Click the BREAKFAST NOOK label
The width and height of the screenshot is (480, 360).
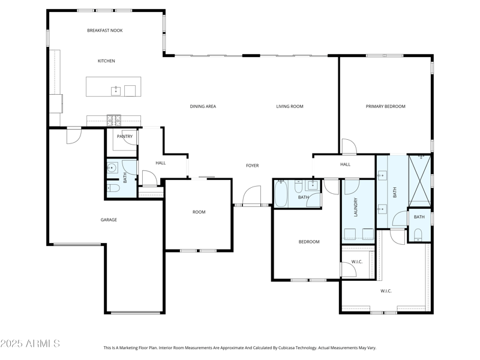click(x=105, y=31)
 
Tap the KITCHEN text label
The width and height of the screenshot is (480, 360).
click(x=106, y=61)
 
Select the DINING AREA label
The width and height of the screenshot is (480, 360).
click(x=203, y=107)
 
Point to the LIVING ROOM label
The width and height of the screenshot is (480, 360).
click(x=290, y=107)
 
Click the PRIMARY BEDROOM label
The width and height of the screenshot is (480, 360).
click(x=386, y=107)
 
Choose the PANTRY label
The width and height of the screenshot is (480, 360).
click(x=125, y=137)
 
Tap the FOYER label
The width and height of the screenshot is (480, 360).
click(x=253, y=166)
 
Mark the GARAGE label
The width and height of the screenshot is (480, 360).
click(x=109, y=220)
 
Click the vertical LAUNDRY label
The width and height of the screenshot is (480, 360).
click(x=356, y=207)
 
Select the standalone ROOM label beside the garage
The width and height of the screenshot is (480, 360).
click(x=199, y=212)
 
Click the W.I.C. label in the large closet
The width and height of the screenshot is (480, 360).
click(x=386, y=292)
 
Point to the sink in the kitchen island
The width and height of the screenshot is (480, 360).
click(x=115, y=91)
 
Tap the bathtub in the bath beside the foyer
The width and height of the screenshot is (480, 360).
click(x=281, y=194)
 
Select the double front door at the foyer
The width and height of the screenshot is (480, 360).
click(x=252, y=198)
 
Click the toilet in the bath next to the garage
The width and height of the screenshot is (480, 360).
click(x=114, y=188)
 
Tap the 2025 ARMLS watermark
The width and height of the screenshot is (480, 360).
click(x=30, y=344)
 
